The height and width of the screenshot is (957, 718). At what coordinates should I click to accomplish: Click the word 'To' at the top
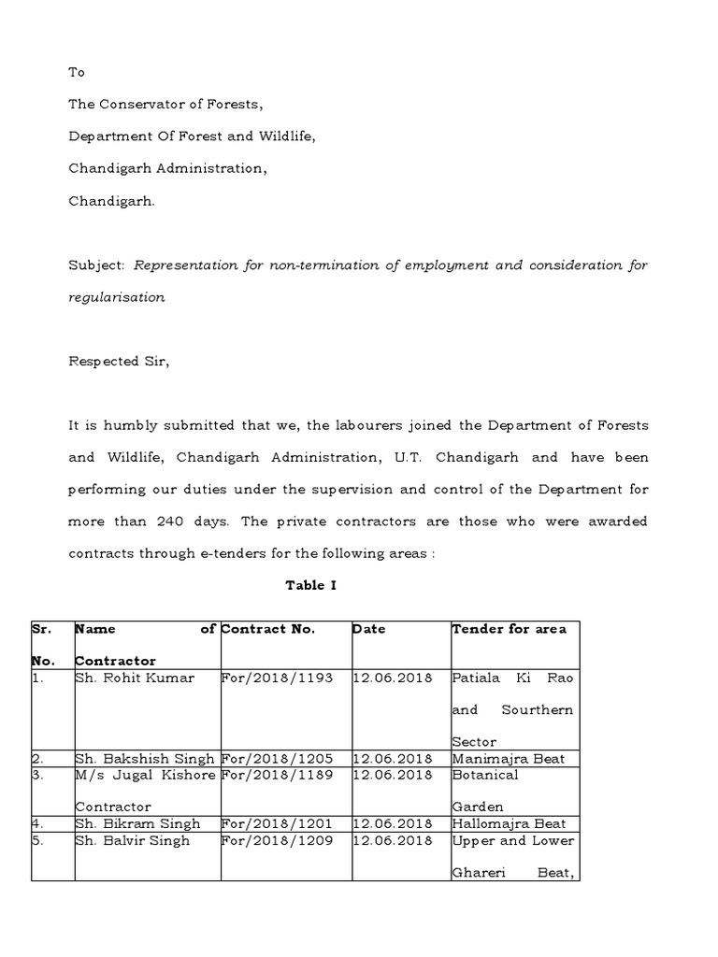pos(77,72)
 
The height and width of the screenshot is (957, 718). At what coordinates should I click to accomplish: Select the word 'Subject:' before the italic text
pos(96,264)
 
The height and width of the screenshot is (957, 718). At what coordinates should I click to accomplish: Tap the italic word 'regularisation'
pos(117,296)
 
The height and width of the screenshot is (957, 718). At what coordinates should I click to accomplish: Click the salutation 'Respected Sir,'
pos(119,361)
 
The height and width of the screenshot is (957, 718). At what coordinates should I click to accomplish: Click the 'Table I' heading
pos(310,585)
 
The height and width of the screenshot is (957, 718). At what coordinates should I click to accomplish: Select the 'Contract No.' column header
pos(268,629)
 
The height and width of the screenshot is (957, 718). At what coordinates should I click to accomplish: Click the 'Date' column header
pos(369,629)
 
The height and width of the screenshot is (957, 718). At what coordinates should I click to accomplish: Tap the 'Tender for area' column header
pos(509,629)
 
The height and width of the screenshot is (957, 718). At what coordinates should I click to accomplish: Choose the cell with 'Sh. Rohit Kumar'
pos(135,678)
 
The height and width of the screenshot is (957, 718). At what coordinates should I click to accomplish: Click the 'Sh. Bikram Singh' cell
pos(137,823)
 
